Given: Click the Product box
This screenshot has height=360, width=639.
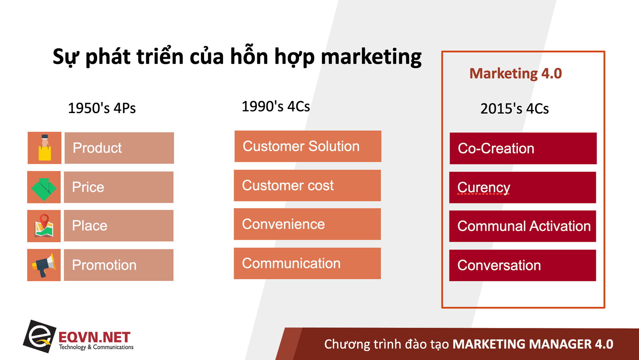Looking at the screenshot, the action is (x=119, y=148).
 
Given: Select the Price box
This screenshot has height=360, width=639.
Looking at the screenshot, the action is (x=119, y=187).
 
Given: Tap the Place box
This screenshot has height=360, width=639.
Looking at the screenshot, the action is (x=119, y=226).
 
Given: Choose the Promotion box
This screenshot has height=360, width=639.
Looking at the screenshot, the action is (x=119, y=265).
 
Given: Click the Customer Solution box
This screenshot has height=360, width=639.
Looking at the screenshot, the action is (x=308, y=147).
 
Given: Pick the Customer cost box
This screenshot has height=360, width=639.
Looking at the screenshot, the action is (x=307, y=185).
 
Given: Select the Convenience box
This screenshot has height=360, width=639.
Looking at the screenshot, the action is (x=307, y=224).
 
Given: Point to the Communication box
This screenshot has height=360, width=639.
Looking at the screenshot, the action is (x=307, y=263).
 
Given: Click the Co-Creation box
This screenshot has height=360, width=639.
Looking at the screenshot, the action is (x=523, y=149).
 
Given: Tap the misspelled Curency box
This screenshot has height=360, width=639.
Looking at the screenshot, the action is (x=523, y=187).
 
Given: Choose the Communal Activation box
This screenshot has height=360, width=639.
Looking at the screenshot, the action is (x=523, y=227).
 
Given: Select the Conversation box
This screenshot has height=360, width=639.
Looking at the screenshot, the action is (x=523, y=265).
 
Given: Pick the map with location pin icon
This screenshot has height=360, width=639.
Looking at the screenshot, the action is (x=44, y=226).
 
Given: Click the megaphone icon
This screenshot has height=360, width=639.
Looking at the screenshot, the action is (x=44, y=265).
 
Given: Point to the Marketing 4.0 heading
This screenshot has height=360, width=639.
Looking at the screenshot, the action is (x=516, y=74).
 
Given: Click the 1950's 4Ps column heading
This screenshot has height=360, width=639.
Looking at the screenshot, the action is (x=102, y=108).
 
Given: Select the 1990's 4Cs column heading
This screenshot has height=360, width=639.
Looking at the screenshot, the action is (x=276, y=107).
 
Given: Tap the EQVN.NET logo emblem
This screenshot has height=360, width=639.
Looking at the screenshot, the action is (x=40, y=336).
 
